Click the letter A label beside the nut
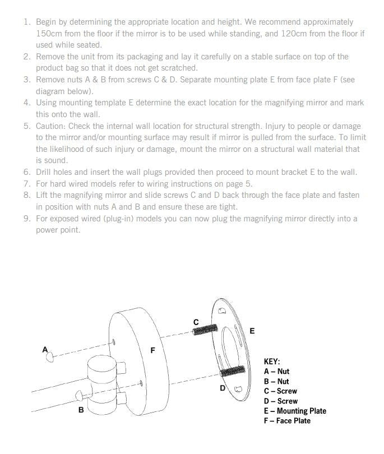pos(45,350)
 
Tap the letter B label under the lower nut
pos(81,410)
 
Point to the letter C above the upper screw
pos(196,322)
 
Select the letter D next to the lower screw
pos(222,387)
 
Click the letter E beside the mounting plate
pos(252,331)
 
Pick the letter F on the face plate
pos(152,350)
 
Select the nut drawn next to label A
pos(50,356)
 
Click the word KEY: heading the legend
pos(271,362)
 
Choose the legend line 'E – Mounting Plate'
pos(294,411)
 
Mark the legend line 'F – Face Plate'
pos(286,421)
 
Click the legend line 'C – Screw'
pos(280,391)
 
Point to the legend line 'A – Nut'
pos(276,372)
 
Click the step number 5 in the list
pos(26,126)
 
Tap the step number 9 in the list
pos(26,218)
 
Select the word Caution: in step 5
pos(52,126)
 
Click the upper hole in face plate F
pos(114,341)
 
